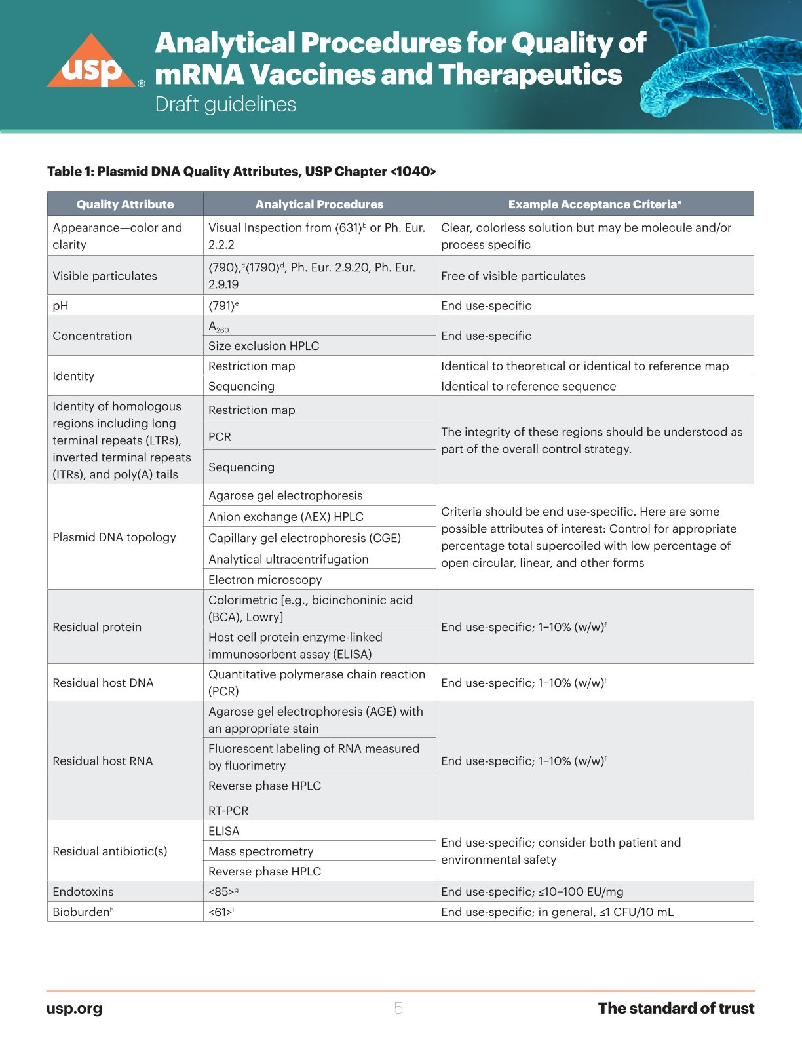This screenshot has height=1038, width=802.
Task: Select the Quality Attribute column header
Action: point(125,204)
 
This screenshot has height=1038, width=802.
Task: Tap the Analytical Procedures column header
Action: point(319,204)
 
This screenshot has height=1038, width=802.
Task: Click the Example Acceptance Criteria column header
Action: point(594,204)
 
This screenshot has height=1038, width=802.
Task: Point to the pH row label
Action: point(60,305)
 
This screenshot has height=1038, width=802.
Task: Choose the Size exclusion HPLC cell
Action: point(263,346)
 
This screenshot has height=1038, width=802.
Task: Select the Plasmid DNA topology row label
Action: point(114,537)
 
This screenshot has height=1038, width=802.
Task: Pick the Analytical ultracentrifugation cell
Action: point(288,559)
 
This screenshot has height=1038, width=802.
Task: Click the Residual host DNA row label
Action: point(103,683)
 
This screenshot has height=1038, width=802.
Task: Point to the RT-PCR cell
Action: point(228,811)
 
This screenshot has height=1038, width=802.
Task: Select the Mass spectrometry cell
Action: point(261,851)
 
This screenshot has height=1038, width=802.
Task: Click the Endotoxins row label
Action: point(83,892)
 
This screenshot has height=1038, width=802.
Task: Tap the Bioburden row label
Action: point(83,912)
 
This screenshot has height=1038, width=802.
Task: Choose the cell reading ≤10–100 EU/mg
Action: point(532,892)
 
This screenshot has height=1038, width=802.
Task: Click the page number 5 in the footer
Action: point(398,1009)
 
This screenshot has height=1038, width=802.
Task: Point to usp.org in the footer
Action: point(74,1009)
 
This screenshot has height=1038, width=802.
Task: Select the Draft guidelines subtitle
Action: point(225,105)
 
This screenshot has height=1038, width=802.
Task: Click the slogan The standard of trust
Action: point(676,1009)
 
